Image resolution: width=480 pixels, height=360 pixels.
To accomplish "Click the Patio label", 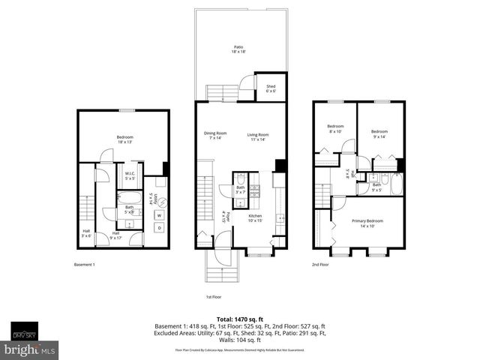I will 238,50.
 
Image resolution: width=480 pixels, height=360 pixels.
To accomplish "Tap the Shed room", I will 271,89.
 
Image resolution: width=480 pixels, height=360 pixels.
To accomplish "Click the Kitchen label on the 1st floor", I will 255,218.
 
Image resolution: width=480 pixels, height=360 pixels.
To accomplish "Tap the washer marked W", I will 160,215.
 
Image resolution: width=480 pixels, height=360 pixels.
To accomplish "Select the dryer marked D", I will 160,228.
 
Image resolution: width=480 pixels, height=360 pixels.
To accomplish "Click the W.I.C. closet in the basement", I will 130,177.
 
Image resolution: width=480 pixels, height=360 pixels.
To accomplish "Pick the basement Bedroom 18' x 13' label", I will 125,139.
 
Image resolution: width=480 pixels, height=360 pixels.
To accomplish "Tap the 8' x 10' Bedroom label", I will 335,128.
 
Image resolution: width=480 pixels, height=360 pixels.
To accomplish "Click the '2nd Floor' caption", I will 321,265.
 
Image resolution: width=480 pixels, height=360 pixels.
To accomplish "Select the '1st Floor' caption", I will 214,297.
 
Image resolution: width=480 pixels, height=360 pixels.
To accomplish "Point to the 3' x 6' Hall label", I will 85,233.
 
